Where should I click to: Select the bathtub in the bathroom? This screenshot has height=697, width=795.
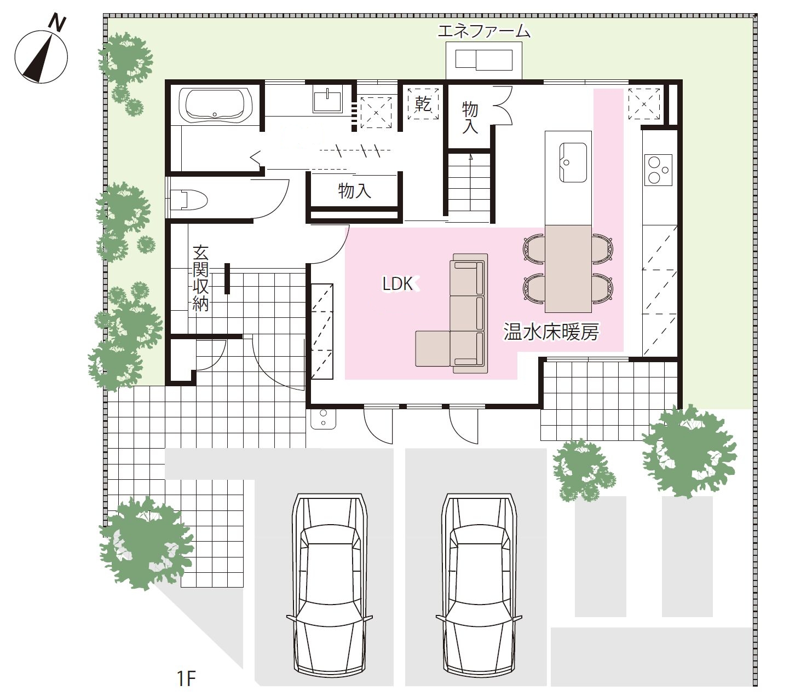point(215,104)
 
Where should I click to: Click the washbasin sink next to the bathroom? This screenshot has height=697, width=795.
point(327,100)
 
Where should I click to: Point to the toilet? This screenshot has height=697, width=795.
point(189,199)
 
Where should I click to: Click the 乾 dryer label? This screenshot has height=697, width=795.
point(423,104)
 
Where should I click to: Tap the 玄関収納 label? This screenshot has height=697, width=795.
point(200,278)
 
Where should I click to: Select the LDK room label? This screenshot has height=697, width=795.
point(397,284)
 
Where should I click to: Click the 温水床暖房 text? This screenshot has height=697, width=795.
point(551,332)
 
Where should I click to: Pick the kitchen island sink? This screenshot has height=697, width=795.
point(573,162)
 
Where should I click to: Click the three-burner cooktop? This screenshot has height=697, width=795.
point(658,170)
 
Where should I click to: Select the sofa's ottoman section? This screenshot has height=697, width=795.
point(433,348)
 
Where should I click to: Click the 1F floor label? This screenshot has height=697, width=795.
point(186,678)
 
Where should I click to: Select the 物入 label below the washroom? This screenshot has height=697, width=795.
point(354,190)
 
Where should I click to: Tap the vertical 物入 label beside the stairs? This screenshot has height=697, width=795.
point(470,117)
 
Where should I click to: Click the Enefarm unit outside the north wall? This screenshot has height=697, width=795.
point(484,60)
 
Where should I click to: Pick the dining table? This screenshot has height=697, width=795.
point(568,269)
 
